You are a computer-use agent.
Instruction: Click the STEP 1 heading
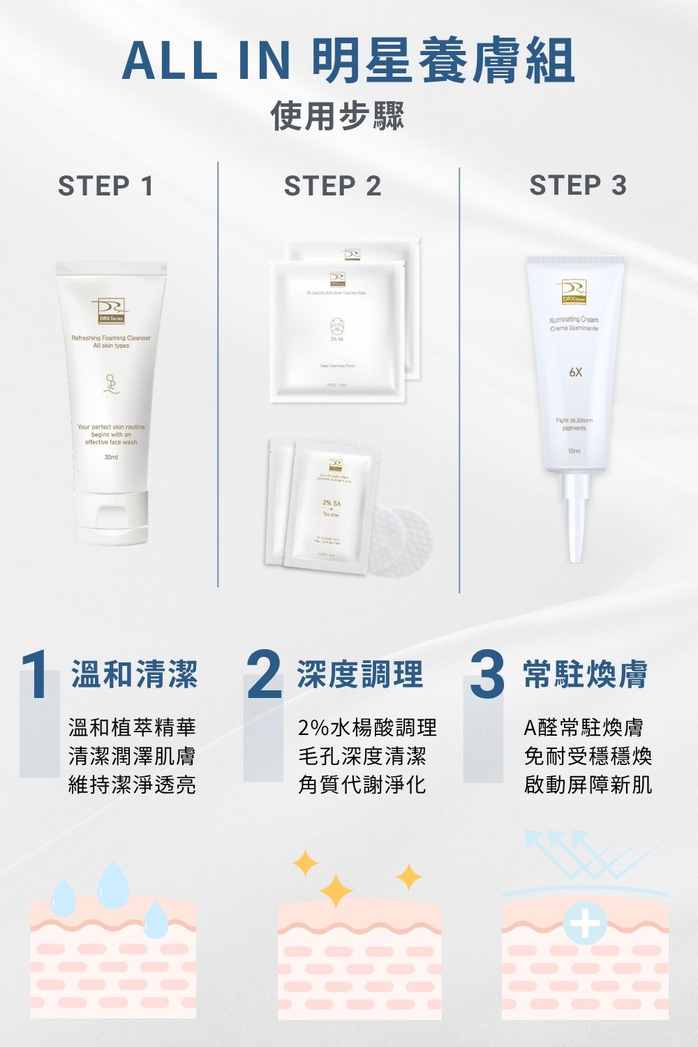(x=105, y=186)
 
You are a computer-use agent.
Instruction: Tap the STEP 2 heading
(x=332, y=186)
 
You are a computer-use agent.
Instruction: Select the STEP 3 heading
(x=578, y=186)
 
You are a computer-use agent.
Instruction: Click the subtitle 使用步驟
(x=338, y=116)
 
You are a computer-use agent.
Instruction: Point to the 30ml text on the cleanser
(x=110, y=458)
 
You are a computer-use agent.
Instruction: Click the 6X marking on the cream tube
(x=574, y=373)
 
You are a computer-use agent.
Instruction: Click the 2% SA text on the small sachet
(x=332, y=503)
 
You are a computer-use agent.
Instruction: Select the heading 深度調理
(x=360, y=674)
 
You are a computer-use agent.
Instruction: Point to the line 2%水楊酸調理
(x=367, y=728)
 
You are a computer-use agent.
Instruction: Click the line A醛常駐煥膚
(x=584, y=728)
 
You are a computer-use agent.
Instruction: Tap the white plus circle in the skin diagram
(x=585, y=926)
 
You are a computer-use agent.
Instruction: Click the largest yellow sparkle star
(x=336, y=890)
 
